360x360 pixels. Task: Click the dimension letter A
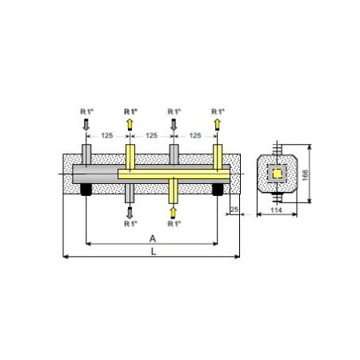(x=153, y=238)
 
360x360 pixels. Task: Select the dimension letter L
(x=154, y=251)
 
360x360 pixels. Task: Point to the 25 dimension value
(x=234, y=210)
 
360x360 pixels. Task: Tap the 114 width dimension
(x=276, y=210)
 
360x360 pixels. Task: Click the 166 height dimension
(x=306, y=175)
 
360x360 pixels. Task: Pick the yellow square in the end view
(x=278, y=174)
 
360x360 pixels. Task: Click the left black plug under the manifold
(x=86, y=190)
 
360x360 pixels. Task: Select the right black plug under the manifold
(x=218, y=190)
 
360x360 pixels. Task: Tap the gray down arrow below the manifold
(x=130, y=213)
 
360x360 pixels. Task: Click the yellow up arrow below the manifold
(x=174, y=213)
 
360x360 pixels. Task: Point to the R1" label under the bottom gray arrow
(x=130, y=224)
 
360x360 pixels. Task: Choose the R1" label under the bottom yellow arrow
(x=174, y=224)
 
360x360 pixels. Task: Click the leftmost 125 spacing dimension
(x=107, y=135)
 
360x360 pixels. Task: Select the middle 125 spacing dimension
(x=151, y=135)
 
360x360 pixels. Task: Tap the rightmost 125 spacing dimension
(x=195, y=135)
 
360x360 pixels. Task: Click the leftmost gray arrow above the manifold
(x=86, y=125)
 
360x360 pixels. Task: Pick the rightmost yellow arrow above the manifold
(x=218, y=125)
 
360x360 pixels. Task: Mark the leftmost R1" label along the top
(x=87, y=112)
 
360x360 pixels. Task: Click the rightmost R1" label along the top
(x=218, y=112)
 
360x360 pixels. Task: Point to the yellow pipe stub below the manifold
(x=174, y=191)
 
